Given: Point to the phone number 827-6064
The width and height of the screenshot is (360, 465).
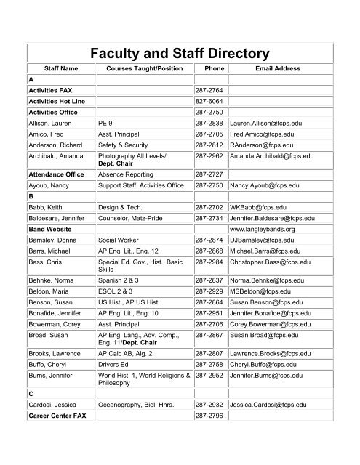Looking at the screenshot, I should [x=209, y=102].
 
